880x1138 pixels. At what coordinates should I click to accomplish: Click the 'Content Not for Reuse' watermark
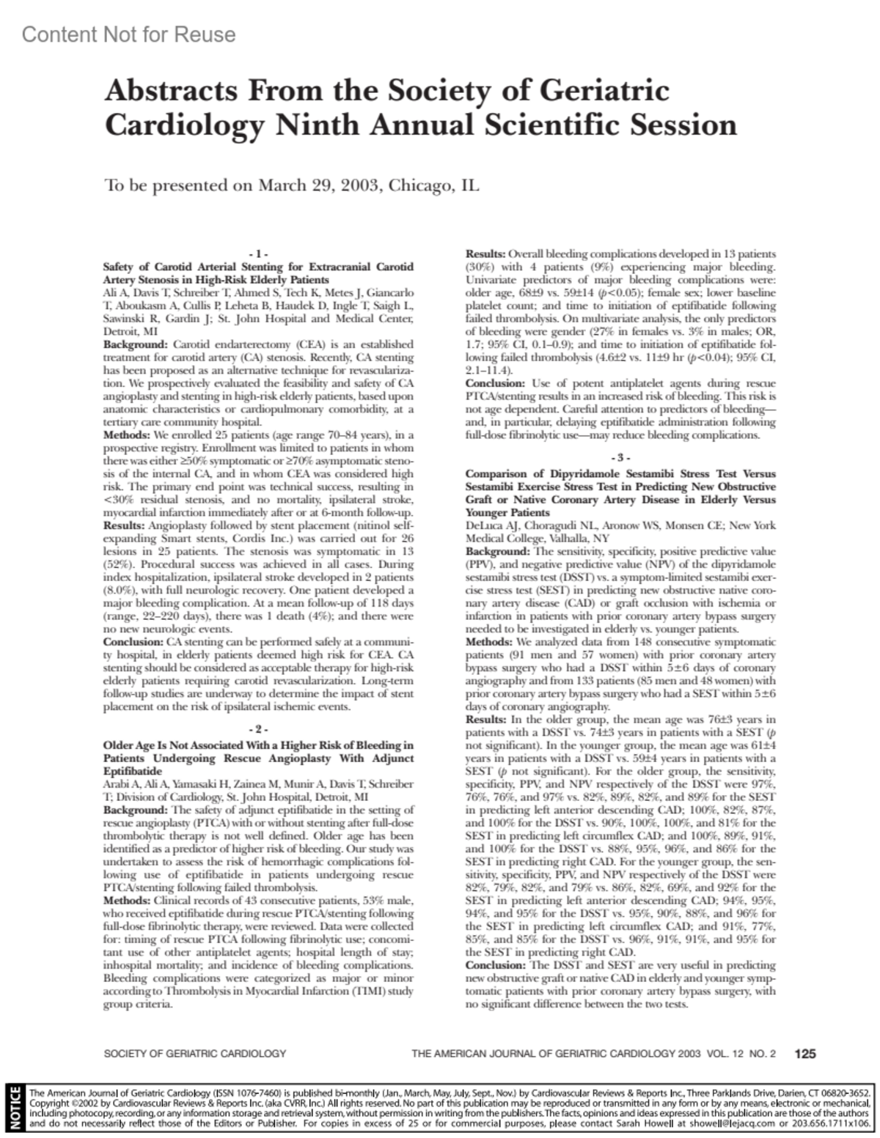[128, 34]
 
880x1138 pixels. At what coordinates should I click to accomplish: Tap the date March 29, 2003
[319, 185]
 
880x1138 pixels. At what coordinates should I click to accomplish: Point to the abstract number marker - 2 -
[258, 730]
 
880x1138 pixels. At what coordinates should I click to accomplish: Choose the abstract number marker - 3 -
[620, 458]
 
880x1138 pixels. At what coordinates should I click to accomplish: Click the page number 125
[804, 1054]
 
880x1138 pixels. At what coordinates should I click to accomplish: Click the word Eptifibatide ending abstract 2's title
[132, 772]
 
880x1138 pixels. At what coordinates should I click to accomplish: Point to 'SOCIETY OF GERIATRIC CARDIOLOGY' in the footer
[195, 1054]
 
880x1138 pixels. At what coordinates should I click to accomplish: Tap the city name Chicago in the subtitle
[420, 185]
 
